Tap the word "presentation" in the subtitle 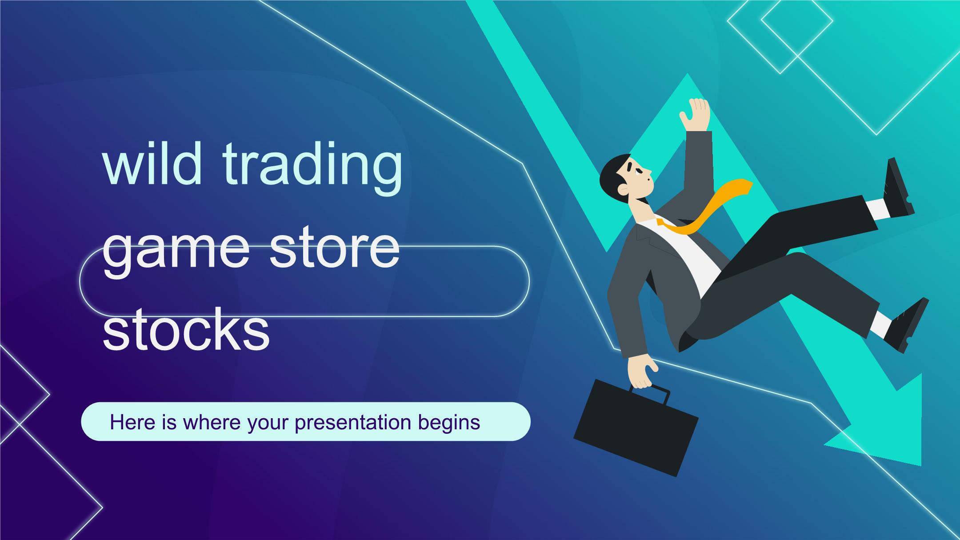(x=352, y=423)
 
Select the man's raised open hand (x=694, y=115)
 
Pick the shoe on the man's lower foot (x=906, y=326)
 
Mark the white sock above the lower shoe (x=873, y=324)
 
